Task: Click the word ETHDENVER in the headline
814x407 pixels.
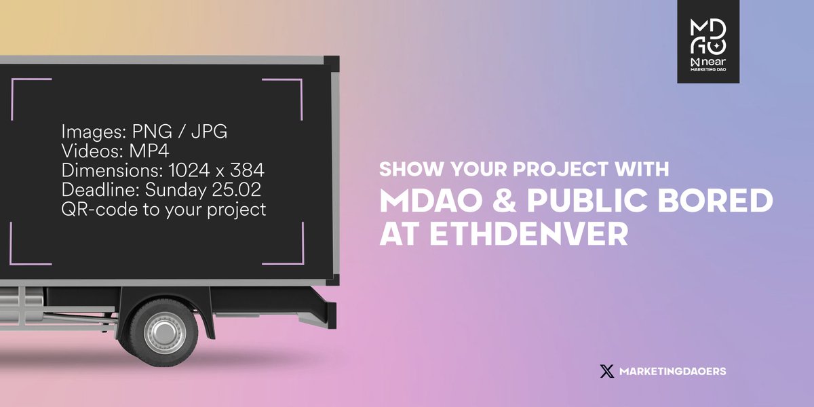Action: pos(529,234)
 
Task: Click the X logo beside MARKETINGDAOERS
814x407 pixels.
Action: pos(607,371)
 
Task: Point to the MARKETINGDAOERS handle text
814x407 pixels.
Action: pos(673,371)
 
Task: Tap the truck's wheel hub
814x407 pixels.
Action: pos(163,332)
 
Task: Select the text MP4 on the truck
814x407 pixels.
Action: pos(149,151)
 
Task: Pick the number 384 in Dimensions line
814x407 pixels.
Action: pos(247,170)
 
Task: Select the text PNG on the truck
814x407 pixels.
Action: pos(152,131)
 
